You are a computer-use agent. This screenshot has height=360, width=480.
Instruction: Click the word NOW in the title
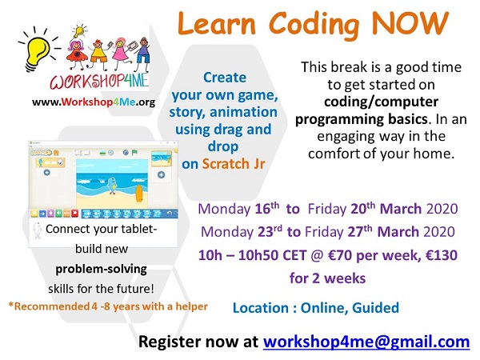[410, 23]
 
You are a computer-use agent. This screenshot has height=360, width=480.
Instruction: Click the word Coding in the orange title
[314, 26]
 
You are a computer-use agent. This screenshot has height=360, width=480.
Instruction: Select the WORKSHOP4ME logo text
[99, 81]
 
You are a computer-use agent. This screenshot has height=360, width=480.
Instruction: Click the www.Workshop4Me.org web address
[94, 102]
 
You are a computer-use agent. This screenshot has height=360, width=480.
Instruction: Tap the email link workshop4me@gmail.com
[366, 342]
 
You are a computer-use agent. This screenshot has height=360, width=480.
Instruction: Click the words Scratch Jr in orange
[234, 164]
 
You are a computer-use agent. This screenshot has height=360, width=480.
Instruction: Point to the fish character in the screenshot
[112, 186]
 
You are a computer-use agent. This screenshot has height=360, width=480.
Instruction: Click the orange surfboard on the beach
[139, 193]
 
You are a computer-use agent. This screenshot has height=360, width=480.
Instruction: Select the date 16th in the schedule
[267, 209]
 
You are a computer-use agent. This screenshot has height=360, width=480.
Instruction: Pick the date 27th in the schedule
[360, 231]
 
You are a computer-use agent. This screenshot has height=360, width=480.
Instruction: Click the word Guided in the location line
[376, 308]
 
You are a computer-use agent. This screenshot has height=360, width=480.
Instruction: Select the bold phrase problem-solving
[101, 269]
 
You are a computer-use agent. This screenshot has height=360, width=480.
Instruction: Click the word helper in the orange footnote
[192, 306]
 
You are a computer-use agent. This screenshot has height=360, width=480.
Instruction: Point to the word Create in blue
[225, 77]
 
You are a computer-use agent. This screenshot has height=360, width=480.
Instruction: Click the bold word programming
[339, 119]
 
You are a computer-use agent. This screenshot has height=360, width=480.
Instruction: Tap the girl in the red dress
[76, 53]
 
